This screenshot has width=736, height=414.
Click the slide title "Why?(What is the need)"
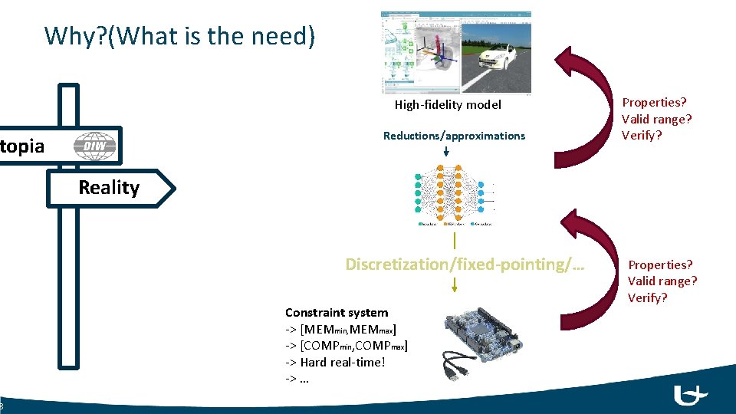pos(179,36)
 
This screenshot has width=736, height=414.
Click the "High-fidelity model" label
pos(448,105)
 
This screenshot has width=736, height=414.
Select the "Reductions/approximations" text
pos(454,136)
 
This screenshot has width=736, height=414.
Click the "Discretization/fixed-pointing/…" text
pos(465,264)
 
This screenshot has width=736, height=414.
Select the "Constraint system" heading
pos(337,313)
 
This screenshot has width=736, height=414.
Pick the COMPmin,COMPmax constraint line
pos(347,346)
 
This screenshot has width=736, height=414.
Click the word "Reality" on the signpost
pos(109,188)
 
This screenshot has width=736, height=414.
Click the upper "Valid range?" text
pos(656,119)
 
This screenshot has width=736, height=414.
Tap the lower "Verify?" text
pos(648,297)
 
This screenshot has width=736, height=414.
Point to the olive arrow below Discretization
pos(455,284)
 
